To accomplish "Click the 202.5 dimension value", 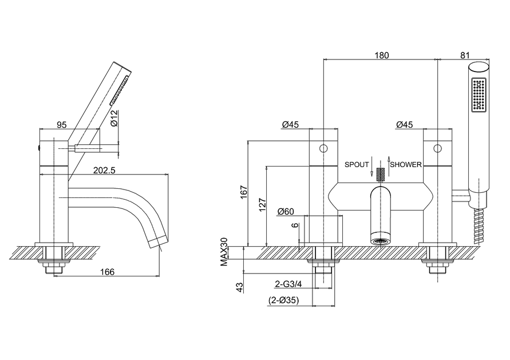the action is click(x=104, y=170).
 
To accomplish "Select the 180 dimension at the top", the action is click(x=382, y=56).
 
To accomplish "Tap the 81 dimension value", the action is click(x=465, y=56).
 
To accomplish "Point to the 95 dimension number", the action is click(x=61, y=125).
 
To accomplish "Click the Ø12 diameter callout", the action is click(x=113, y=118).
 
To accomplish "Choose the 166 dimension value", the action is click(x=108, y=272).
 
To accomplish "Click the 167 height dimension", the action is click(x=244, y=192).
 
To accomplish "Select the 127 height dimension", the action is click(x=263, y=204).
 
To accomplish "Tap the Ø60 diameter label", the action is click(x=286, y=212).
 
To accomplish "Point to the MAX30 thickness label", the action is click(x=224, y=252).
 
